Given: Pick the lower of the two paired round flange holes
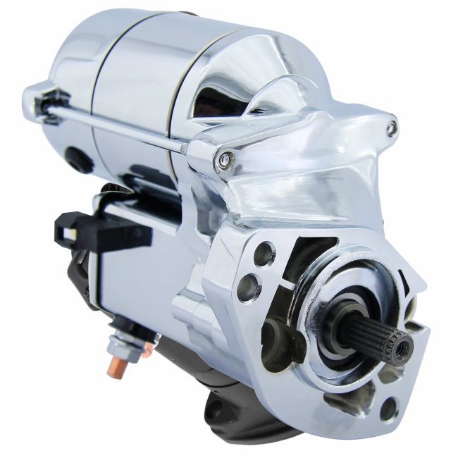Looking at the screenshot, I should [248, 285].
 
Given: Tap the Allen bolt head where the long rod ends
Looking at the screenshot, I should [225, 161].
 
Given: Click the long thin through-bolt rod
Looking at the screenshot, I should [120, 127].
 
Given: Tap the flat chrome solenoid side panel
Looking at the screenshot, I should [134, 282].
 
